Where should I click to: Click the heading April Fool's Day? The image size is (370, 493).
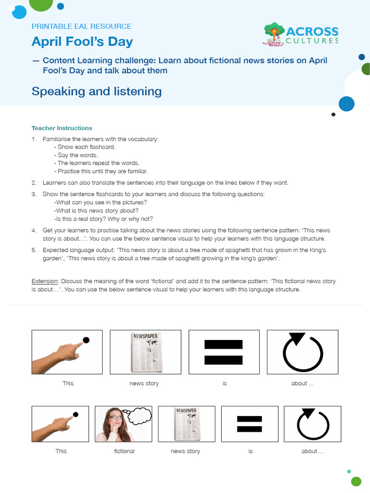pos(82,42)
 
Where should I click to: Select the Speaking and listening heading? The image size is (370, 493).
pos(96,91)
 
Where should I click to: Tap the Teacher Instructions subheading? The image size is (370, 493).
pos(62,128)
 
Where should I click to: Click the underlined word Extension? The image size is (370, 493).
pos(44,281)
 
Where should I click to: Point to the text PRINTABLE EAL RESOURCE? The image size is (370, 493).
pos(81,26)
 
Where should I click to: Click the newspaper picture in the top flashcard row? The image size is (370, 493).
pos(145,352)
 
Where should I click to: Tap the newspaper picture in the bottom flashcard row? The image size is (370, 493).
pos(186,424)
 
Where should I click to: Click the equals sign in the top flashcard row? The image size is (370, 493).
pos(224,352)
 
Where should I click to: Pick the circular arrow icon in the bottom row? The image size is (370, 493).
pos(313,424)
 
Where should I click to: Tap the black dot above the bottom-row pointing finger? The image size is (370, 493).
pos(76,415)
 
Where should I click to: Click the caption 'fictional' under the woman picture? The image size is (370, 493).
pos(124,451)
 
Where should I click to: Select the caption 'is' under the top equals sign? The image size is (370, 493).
pos(225,383)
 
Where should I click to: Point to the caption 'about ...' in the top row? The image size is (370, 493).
pos(302,383)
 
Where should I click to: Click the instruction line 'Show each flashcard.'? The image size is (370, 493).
pos(86,147)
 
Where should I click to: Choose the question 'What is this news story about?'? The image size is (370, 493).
pos(96,210)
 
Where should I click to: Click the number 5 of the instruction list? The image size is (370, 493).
pos(34,250)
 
